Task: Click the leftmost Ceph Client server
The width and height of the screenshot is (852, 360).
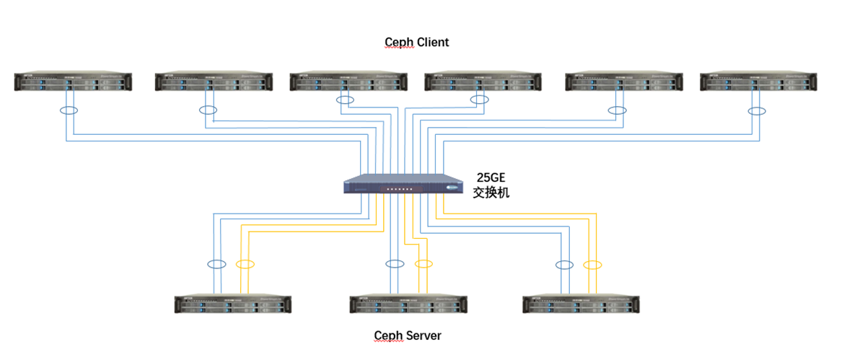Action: pos(73,82)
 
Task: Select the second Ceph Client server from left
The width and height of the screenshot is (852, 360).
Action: pos(214,82)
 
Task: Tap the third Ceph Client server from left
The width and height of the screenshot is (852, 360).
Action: pos(348,82)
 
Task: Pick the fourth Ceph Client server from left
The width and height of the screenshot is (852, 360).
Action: pos(483,82)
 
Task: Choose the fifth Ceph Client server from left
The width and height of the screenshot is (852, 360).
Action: pos(624,82)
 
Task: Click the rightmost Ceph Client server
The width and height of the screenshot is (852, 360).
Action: pos(759,82)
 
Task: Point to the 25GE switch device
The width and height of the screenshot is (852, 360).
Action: pos(403,185)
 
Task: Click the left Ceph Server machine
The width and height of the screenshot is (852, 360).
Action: pos(233,304)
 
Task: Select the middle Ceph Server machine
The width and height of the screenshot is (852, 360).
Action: pos(408,304)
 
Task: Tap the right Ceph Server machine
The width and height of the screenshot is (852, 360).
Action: pos(581,304)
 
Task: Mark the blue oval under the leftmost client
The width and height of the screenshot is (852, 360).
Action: pos(69,111)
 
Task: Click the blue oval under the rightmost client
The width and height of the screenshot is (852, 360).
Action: pos(757,111)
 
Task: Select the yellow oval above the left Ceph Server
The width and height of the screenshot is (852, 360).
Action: pos(245,264)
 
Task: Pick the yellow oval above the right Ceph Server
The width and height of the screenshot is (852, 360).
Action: pos(592,265)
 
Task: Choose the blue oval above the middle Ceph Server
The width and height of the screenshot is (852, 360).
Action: pos(395,264)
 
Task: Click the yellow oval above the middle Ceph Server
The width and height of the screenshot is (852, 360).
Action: pos(423,264)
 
